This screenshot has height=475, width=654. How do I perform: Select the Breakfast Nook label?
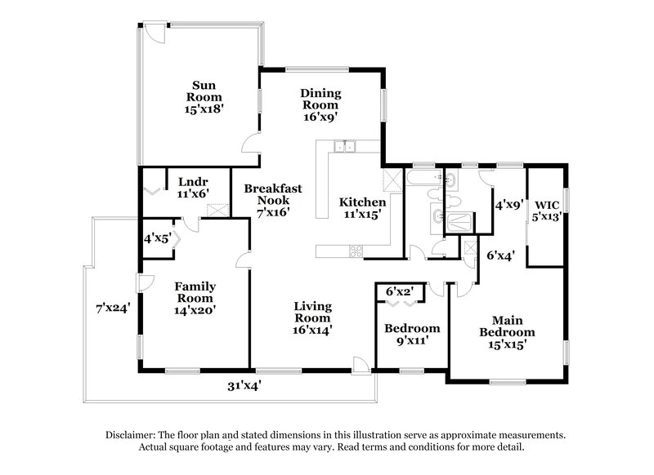click(x=273, y=199)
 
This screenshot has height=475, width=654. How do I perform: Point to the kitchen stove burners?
click(x=356, y=251)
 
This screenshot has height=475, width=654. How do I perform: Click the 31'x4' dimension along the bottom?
click(x=243, y=385)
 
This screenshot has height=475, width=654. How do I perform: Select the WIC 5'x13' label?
click(x=547, y=211)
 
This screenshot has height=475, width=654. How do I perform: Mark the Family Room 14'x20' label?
click(x=195, y=298)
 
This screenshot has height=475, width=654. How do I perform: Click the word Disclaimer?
click(x=134, y=435)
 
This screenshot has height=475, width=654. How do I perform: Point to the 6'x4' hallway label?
click(x=500, y=255)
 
